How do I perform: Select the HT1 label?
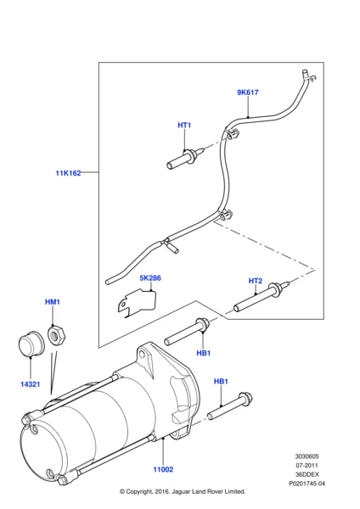[184, 126]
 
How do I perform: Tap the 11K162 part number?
[68, 173]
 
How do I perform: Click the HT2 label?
[255, 281]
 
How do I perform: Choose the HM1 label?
[52, 302]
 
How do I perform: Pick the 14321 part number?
[30, 384]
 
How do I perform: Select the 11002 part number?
[162, 469]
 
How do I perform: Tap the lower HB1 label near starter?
[221, 382]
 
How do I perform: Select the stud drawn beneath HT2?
[262, 300]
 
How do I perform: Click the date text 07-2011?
[308, 465]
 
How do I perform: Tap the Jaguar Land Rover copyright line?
[182, 491]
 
